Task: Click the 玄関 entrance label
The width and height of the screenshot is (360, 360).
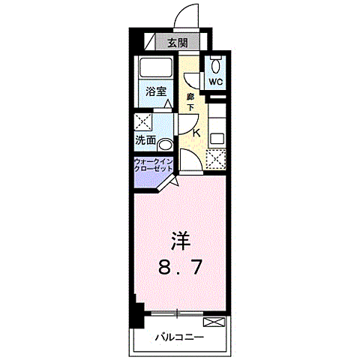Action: [x=177, y=43]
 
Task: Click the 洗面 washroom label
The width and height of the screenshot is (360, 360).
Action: [x=145, y=140]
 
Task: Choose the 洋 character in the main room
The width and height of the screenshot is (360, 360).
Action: [x=179, y=241]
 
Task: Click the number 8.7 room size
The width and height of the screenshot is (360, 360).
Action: [x=179, y=266]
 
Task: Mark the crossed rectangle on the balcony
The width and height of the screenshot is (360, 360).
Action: [x=214, y=323]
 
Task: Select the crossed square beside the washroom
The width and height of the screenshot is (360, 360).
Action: [x=143, y=122]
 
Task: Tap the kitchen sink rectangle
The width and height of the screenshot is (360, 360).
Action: [x=217, y=138]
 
